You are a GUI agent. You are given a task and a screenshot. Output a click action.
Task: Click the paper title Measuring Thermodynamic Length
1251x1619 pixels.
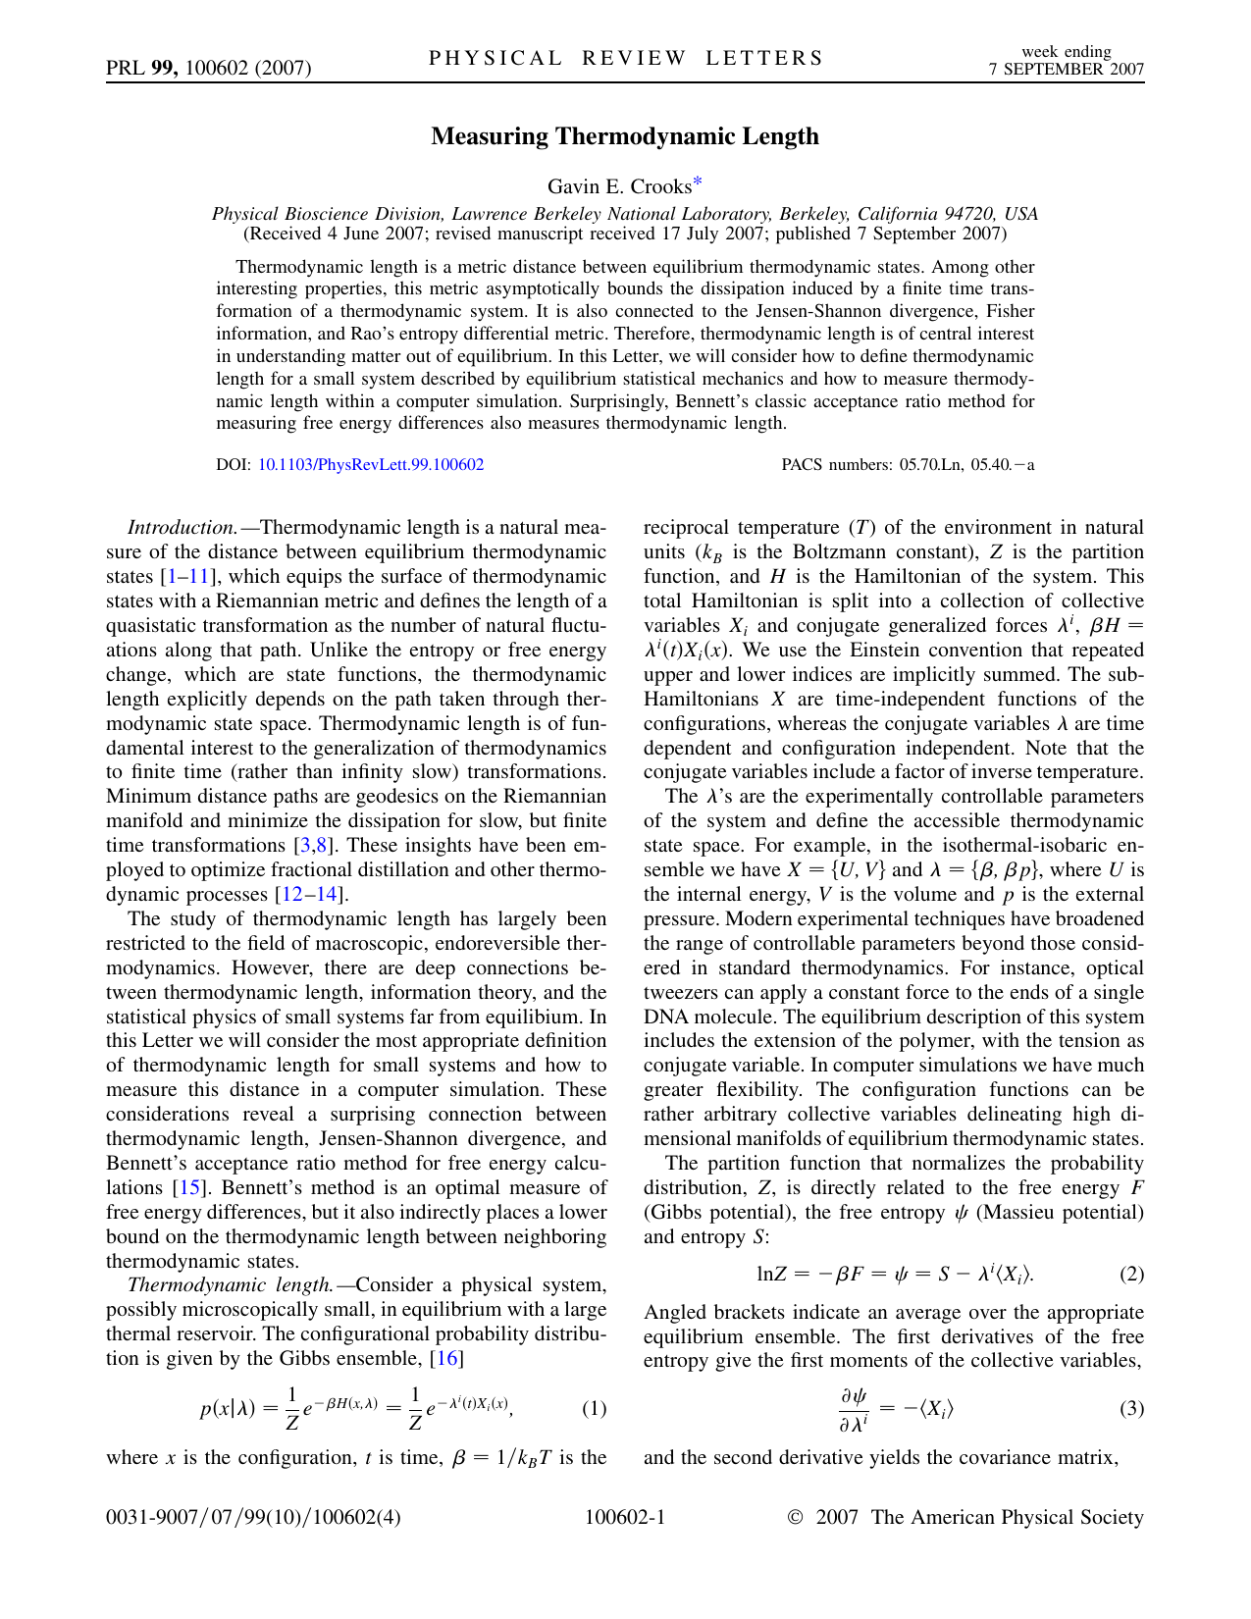point(625,136)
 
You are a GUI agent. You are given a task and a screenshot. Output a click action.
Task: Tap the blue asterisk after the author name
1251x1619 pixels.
point(698,182)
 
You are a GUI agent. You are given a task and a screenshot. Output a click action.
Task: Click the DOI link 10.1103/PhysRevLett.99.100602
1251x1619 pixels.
point(370,465)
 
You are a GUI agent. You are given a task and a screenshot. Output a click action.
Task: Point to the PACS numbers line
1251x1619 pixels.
point(908,465)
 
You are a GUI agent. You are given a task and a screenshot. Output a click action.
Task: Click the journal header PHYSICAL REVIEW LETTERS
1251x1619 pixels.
point(626,58)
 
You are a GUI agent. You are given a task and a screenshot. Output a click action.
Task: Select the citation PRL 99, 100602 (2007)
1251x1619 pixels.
point(208,68)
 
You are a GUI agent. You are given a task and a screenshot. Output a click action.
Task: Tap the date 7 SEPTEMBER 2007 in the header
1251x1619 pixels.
point(1066,69)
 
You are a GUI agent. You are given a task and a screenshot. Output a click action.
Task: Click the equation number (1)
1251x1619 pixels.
point(594,1409)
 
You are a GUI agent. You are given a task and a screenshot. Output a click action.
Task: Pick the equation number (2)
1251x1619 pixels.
point(1131,1275)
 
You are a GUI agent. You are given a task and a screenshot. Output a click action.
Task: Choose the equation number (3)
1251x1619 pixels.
point(1131,1409)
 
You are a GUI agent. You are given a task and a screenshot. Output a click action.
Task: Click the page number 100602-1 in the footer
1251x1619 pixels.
point(625,1518)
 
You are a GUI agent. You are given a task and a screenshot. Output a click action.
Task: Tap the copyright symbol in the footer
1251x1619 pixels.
point(796,1518)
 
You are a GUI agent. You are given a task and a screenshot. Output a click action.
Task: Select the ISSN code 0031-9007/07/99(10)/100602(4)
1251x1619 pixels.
point(253,1518)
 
